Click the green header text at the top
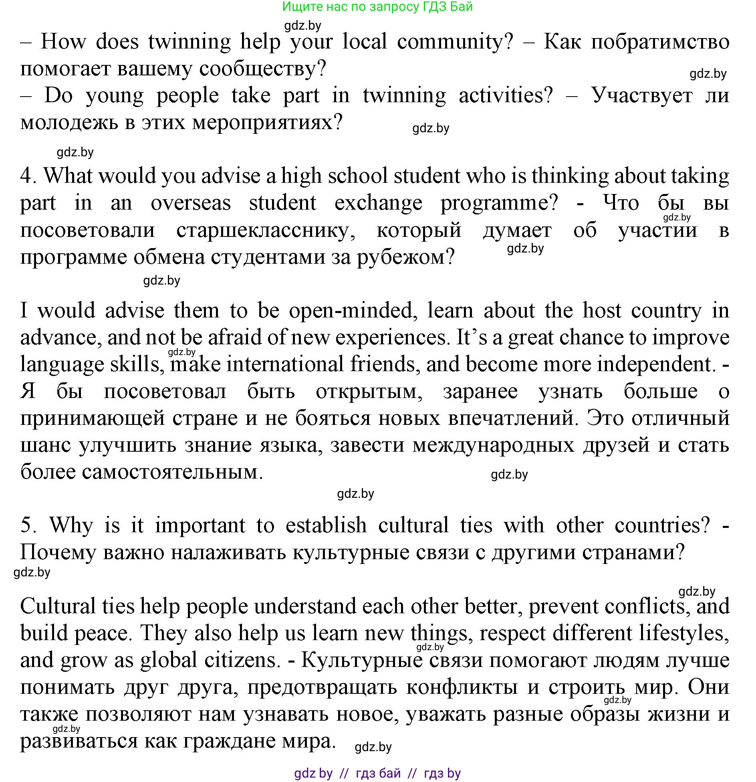377,7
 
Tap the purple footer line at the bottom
377,772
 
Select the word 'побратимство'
660,42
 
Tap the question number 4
28,176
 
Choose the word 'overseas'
191,203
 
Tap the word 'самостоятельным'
142,472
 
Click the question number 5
28,525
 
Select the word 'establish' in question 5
326,525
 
